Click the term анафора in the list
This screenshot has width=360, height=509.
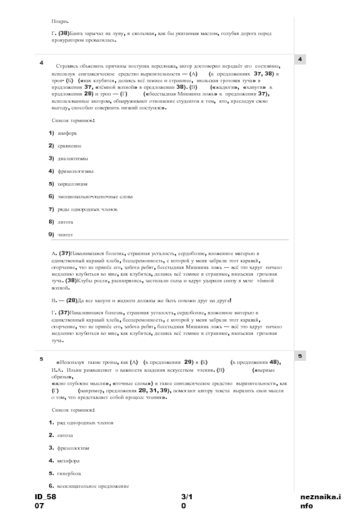click(x=67, y=134)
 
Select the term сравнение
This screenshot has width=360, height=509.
click(x=69, y=146)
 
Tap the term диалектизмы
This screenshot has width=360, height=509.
click(x=72, y=159)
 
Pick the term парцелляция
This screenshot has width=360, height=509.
click(x=72, y=184)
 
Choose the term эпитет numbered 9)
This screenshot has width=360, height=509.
click(x=65, y=235)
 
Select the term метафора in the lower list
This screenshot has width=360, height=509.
click(x=68, y=461)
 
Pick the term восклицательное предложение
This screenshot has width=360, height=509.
click(x=93, y=486)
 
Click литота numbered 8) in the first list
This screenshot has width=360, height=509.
click(x=65, y=222)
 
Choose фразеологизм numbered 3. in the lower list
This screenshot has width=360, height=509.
click(x=73, y=448)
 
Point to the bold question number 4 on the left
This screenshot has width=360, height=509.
click(x=41, y=63)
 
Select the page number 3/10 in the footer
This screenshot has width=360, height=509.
click(x=186, y=501)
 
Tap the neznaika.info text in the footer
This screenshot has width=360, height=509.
click(x=320, y=501)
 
